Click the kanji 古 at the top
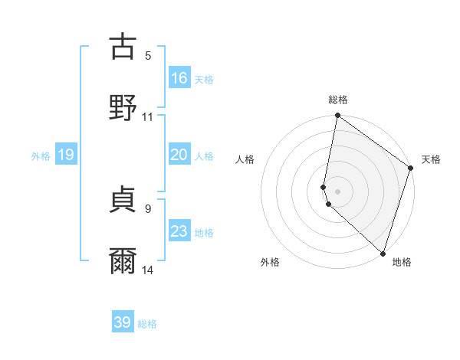pyautogui.click(x=122, y=47)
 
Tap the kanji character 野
pyautogui.click(x=122, y=107)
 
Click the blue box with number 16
pyautogui.click(x=179, y=78)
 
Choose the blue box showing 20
pyautogui.click(x=179, y=155)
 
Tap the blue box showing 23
pyautogui.click(x=179, y=231)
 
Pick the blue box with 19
pyautogui.click(x=66, y=155)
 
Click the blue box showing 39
pyautogui.click(x=123, y=322)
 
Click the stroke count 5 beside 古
pyautogui.click(x=148, y=56)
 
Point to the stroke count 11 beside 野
pyautogui.click(x=148, y=117)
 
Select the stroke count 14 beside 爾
pyautogui.click(x=148, y=270)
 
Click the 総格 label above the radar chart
pyautogui.click(x=338, y=100)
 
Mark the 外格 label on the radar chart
pyautogui.click(x=270, y=263)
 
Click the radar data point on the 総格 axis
pyautogui.click(x=337, y=116)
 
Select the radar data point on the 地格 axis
pyautogui.click(x=383, y=253)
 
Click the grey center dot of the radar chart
pyautogui.click(x=337, y=191)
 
